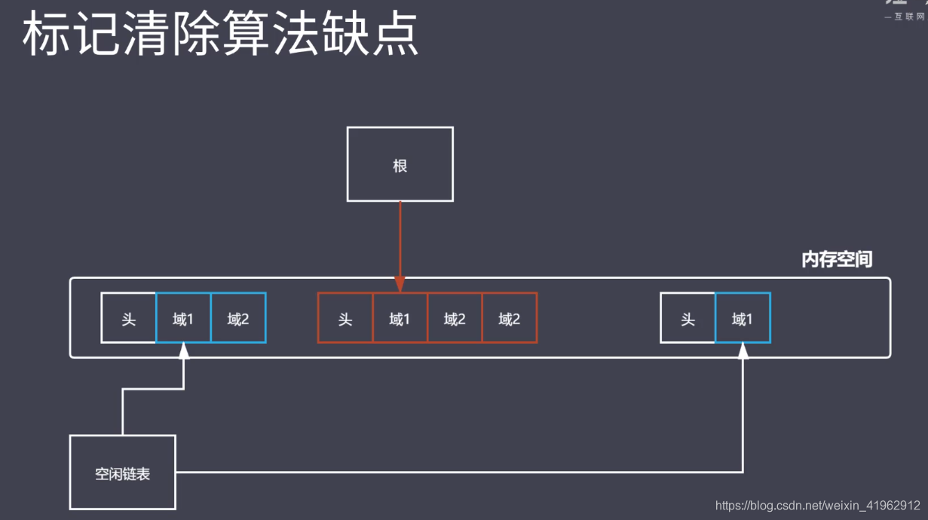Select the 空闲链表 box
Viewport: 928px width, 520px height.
[x=122, y=473]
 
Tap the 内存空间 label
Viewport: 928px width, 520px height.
[x=836, y=260]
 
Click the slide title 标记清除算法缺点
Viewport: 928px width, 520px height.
[x=220, y=35]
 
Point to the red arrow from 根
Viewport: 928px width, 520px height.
[x=400, y=241]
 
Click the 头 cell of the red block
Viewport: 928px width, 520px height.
[x=345, y=318]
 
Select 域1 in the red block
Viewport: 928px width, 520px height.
[x=400, y=318]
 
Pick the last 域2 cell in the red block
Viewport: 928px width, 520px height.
[x=510, y=318]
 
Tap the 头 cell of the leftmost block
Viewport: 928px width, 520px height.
[x=129, y=318]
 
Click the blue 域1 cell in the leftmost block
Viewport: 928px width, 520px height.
[x=183, y=318]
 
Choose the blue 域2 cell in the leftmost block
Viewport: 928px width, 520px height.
[x=238, y=318]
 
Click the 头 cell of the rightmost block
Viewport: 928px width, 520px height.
[x=688, y=318]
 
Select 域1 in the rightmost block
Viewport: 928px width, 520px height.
[x=743, y=318]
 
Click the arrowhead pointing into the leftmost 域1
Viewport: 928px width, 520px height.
[x=183, y=350]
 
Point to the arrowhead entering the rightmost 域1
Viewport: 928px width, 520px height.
[x=743, y=350]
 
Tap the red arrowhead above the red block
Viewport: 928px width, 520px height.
[x=400, y=285]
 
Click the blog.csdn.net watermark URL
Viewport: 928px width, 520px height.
[x=817, y=506]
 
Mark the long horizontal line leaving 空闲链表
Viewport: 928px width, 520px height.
[x=452, y=473]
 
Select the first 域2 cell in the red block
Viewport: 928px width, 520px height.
[x=455, y=318]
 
